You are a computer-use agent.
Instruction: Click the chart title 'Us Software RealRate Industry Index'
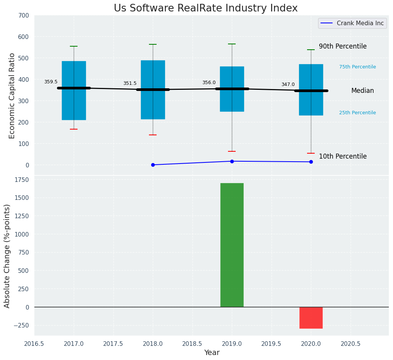(205, 8)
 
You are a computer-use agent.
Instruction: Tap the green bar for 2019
(232, 245)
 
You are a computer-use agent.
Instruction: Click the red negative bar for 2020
(311, 318)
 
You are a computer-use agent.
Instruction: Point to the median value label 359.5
(51, 82)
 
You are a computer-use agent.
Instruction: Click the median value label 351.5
(130, 83)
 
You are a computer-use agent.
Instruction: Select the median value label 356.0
(209, 83)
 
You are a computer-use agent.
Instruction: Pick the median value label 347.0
(288, 84)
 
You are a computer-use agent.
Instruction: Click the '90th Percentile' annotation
(343, 46)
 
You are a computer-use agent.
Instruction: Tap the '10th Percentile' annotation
(343, 156)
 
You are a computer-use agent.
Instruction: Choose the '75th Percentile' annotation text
(357, 67)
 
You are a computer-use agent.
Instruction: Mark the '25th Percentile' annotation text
(357, 113)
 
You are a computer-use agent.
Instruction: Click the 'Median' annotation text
(362, 91)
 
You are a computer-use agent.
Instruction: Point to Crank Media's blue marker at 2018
(153, 165)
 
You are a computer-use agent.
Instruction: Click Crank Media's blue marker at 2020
(311, 162)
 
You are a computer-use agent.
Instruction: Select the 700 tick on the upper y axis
(24, 16)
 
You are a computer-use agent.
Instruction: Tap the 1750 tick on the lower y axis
(22, 180)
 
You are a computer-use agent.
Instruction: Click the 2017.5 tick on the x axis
(113, 344)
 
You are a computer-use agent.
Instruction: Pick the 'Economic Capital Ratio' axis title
(12, 96)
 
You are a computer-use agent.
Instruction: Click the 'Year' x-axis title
(212, 353)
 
